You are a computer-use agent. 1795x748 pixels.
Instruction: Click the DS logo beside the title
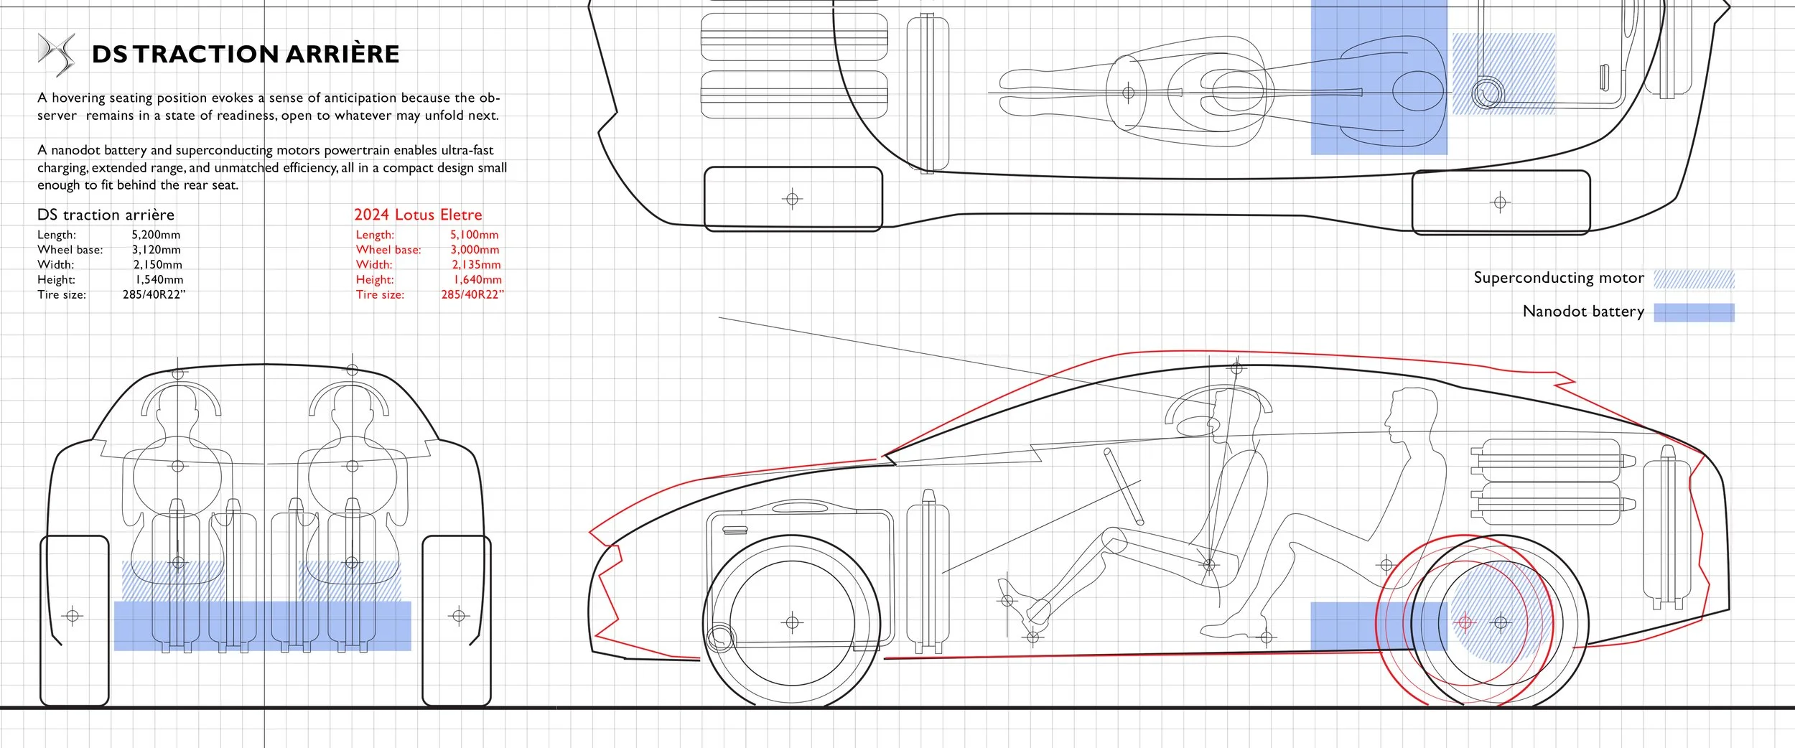coord(56,54)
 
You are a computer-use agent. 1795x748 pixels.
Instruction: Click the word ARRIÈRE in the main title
coord(342,55)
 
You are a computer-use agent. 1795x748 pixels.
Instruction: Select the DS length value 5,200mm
coord(156,235)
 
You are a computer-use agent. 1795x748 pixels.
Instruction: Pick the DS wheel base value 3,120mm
coord(156,250)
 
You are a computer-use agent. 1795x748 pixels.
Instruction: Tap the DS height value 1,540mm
coord(159,280)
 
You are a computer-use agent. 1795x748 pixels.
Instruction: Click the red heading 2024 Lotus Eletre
coord(418,215)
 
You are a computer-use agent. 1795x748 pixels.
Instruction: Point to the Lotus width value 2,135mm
coord(476,265)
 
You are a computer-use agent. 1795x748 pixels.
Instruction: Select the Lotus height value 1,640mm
coord(477,280)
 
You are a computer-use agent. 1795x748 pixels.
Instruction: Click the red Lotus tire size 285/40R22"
coord(472,295)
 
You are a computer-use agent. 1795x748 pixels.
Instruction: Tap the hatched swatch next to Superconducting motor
coord(1694,279)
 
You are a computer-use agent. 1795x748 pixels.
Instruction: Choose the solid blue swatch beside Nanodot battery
coord(1694,312)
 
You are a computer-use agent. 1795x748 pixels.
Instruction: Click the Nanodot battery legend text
coord(1582,312)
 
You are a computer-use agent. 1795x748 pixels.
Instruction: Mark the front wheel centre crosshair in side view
coord(792,622)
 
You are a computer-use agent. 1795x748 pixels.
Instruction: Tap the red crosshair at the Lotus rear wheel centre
coord(1465,622)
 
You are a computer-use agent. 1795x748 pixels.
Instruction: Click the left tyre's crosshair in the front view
coord(73,615)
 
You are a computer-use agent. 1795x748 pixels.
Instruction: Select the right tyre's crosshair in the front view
coord(459,615)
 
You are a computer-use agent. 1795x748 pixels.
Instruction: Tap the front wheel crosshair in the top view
coord(792,198)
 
